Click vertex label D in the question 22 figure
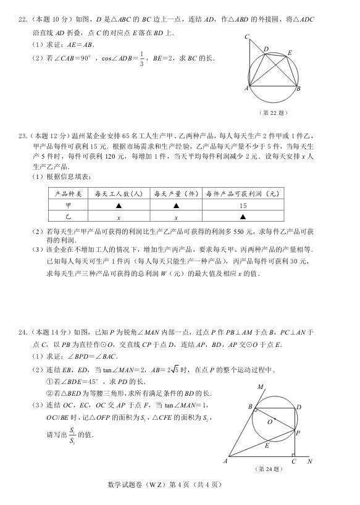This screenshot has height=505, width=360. [x=266, y=49]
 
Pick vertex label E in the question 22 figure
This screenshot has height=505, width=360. [x=289, y=53]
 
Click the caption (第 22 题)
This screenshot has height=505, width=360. [x=274, y=113]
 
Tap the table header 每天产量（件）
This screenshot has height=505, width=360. [x=176, y=194]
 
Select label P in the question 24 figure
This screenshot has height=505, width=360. [x=298, y=433]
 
